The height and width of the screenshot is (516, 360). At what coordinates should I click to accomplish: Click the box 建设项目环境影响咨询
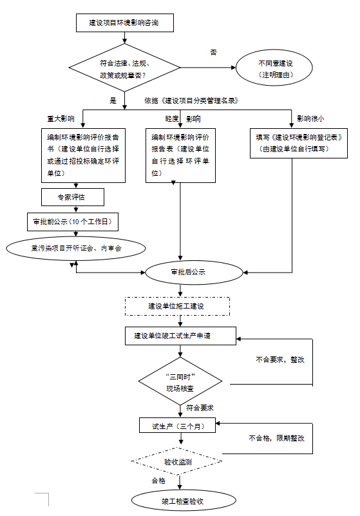125,23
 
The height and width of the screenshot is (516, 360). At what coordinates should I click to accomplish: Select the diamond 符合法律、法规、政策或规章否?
124,68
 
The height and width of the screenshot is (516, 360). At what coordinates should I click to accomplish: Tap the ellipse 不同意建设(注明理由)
274,68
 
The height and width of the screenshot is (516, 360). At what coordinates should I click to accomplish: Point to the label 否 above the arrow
214,52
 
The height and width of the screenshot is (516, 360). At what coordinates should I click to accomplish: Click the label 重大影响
61,119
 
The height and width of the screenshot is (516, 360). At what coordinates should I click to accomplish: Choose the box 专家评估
73,197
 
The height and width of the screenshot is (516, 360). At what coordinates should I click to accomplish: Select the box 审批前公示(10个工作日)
73,222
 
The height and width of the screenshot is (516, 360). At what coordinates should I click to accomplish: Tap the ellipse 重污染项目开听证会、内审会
76,249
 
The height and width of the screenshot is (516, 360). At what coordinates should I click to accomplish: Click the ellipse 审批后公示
194,272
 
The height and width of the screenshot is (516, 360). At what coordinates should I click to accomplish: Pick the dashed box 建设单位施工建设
177,307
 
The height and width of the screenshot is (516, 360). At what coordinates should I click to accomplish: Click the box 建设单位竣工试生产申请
181,336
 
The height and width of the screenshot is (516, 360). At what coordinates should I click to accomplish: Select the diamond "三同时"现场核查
180,381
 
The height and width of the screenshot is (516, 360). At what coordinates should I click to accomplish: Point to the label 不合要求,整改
280,359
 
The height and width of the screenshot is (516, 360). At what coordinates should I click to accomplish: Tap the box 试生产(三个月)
177,426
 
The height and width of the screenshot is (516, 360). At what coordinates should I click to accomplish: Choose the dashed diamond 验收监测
176,461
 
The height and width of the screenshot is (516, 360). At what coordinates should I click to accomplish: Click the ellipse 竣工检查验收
184,501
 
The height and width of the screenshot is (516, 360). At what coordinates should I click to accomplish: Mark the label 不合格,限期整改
276,438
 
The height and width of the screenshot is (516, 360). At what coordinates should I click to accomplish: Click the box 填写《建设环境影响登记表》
299,143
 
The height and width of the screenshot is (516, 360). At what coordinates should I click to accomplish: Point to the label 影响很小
310,119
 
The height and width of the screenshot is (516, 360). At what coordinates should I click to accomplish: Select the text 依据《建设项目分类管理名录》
191,100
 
